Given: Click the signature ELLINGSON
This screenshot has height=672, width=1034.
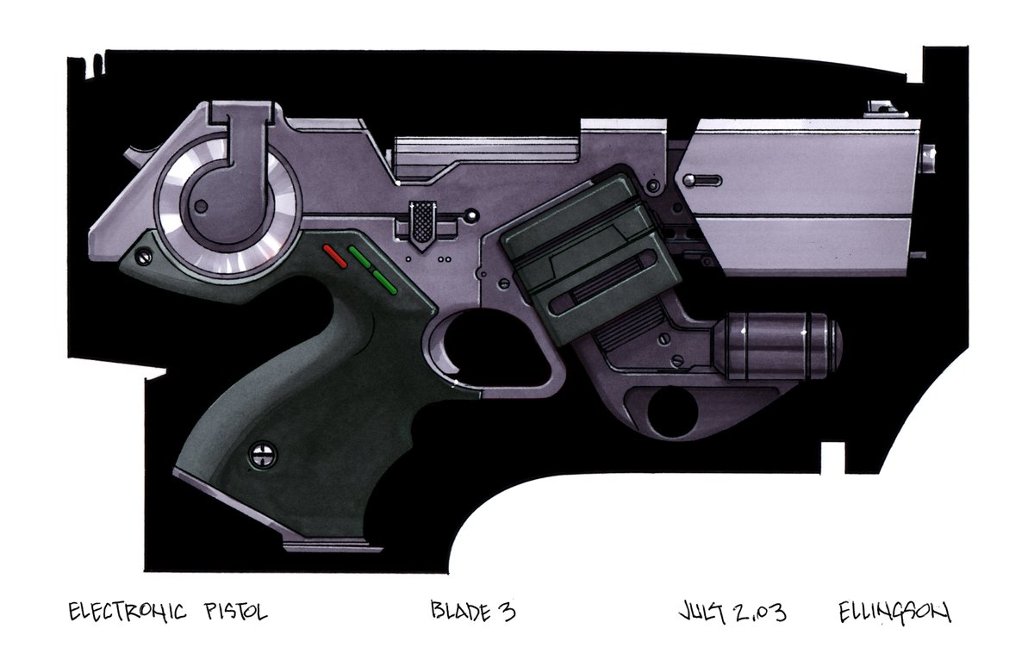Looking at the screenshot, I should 894,613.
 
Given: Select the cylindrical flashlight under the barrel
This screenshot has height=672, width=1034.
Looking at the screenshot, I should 775,345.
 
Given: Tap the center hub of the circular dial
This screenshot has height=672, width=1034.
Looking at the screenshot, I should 201,203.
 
